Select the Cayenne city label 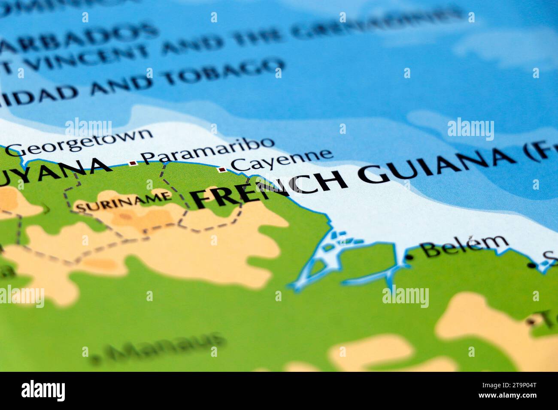[282, 159]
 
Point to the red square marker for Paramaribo [132, 163]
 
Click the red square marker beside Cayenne [222, 170]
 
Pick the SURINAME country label [123, 202]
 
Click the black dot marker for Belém [410, 257]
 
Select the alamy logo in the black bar [43, 390]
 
